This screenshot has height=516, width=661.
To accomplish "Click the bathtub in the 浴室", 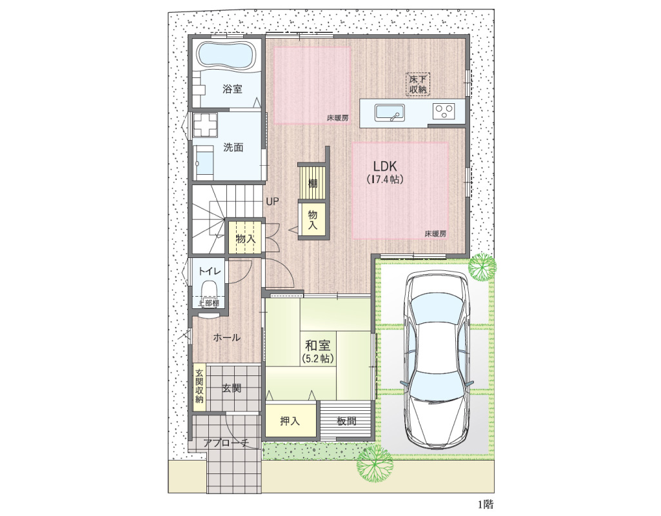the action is pos(227,55).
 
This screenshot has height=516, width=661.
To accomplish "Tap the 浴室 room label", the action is pos(232,90).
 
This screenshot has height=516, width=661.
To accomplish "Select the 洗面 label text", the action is pos(233,148).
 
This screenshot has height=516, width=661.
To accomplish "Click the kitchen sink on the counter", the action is pos(390,113).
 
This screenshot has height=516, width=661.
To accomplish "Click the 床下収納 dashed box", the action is pos(418,84).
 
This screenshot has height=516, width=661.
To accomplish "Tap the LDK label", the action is pos(385,166).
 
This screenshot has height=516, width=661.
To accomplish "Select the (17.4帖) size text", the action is pos(385,179).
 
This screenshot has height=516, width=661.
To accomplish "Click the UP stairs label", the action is pos(272,202).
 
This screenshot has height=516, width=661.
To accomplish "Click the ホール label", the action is pos(227,338).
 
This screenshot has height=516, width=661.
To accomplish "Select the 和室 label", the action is pos(317,346).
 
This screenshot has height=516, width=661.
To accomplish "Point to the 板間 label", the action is pos(346,421).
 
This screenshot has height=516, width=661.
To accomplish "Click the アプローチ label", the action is pos(226,442).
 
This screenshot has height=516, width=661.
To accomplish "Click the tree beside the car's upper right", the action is pos(482,266).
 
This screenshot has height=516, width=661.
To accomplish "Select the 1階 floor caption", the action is pos(485,504).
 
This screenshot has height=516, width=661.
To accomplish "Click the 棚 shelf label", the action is pos(313,184).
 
